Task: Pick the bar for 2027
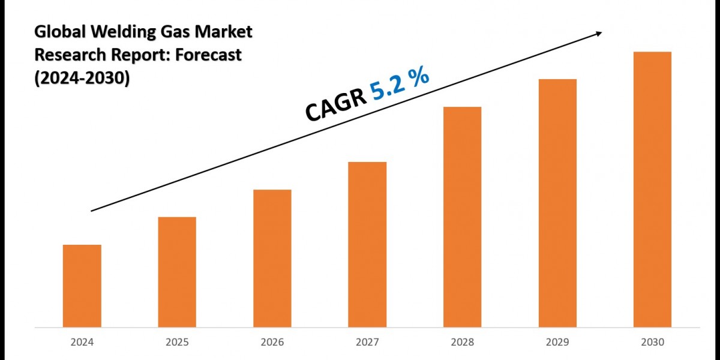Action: [x=367, y=244]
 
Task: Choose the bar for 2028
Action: [x=462, y=217]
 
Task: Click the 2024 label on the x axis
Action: [x=82, y=342]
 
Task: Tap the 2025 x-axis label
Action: [x=177, y=342]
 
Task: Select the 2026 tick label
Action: [x=272, y=342]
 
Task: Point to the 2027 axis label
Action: [x=367, y=342]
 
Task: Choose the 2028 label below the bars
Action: [x=462, y=342]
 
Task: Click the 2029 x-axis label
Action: [x=557, y=342]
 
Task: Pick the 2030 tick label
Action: [x=652, y=342]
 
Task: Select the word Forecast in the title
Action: [x=209, y=55]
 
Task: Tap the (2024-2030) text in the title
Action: [x=82, y=77]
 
